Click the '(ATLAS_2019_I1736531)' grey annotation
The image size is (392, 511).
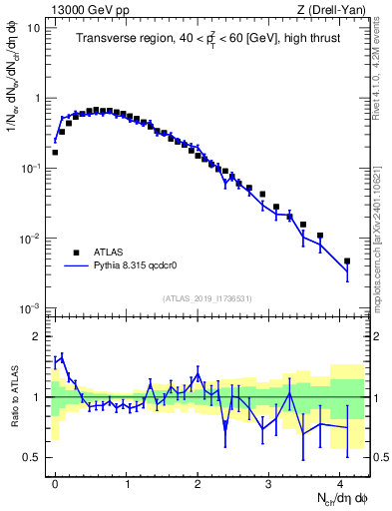[x=207, y=298]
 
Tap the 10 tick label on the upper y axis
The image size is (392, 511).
[x=32, y=28]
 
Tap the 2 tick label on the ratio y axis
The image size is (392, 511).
[x=35, y=337]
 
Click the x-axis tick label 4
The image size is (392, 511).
[x=340, y=482]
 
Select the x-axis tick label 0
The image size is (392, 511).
[x=55, y=482]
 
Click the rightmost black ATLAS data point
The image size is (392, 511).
[x=347, y=261]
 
